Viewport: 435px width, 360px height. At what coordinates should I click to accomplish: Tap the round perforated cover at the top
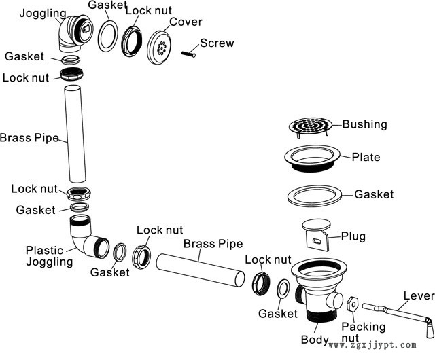click(x=162, y=47)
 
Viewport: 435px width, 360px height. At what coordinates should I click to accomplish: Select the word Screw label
click(x=217, y=43)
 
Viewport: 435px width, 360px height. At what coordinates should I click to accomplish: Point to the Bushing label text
click(x=364, y=124)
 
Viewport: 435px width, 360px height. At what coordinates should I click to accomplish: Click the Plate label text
click(x=366, y=158)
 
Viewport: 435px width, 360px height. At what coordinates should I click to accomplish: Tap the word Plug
click(x=353, y=236)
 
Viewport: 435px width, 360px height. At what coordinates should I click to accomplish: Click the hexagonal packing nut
click(x=352, y=302)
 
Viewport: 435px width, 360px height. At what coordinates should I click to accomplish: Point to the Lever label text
click(x=419, y=295)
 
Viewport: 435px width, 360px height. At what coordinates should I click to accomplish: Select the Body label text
click(x=315, y=339)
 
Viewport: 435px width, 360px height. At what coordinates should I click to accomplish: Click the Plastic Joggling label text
click(x=48, y=255)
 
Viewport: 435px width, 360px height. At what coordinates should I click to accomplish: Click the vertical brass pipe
click(x=77, y=132)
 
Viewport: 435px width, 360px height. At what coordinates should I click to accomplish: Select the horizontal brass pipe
click(x=201, y=271)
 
